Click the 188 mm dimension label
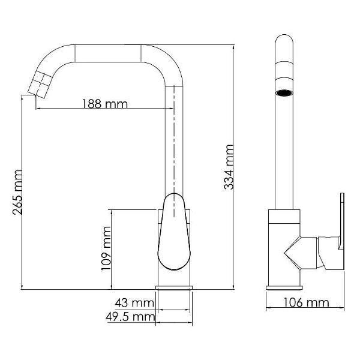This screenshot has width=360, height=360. pyautogui.click(x=105, y=104)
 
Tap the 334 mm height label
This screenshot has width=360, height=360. pyautogui.click(x=229, y=167)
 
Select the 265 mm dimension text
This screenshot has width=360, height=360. pyautogui.click(x=17, y=193)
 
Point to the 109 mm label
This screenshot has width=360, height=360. pyautogui.click(x=107, y=248)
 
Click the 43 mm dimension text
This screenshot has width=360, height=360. pyautogui.click(x=134, y=303)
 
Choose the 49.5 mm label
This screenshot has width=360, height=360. pyautogui.click(x=130, y=317)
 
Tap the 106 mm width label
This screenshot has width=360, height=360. pyautogui.click(x=306, y=302)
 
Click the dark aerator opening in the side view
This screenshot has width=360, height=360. pyautogui.click(x=284, y=93)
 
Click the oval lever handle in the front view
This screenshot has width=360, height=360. pyautogui.click(x=174, y=232)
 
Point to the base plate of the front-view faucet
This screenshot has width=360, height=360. pyautogui.click(x=174, y=287)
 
